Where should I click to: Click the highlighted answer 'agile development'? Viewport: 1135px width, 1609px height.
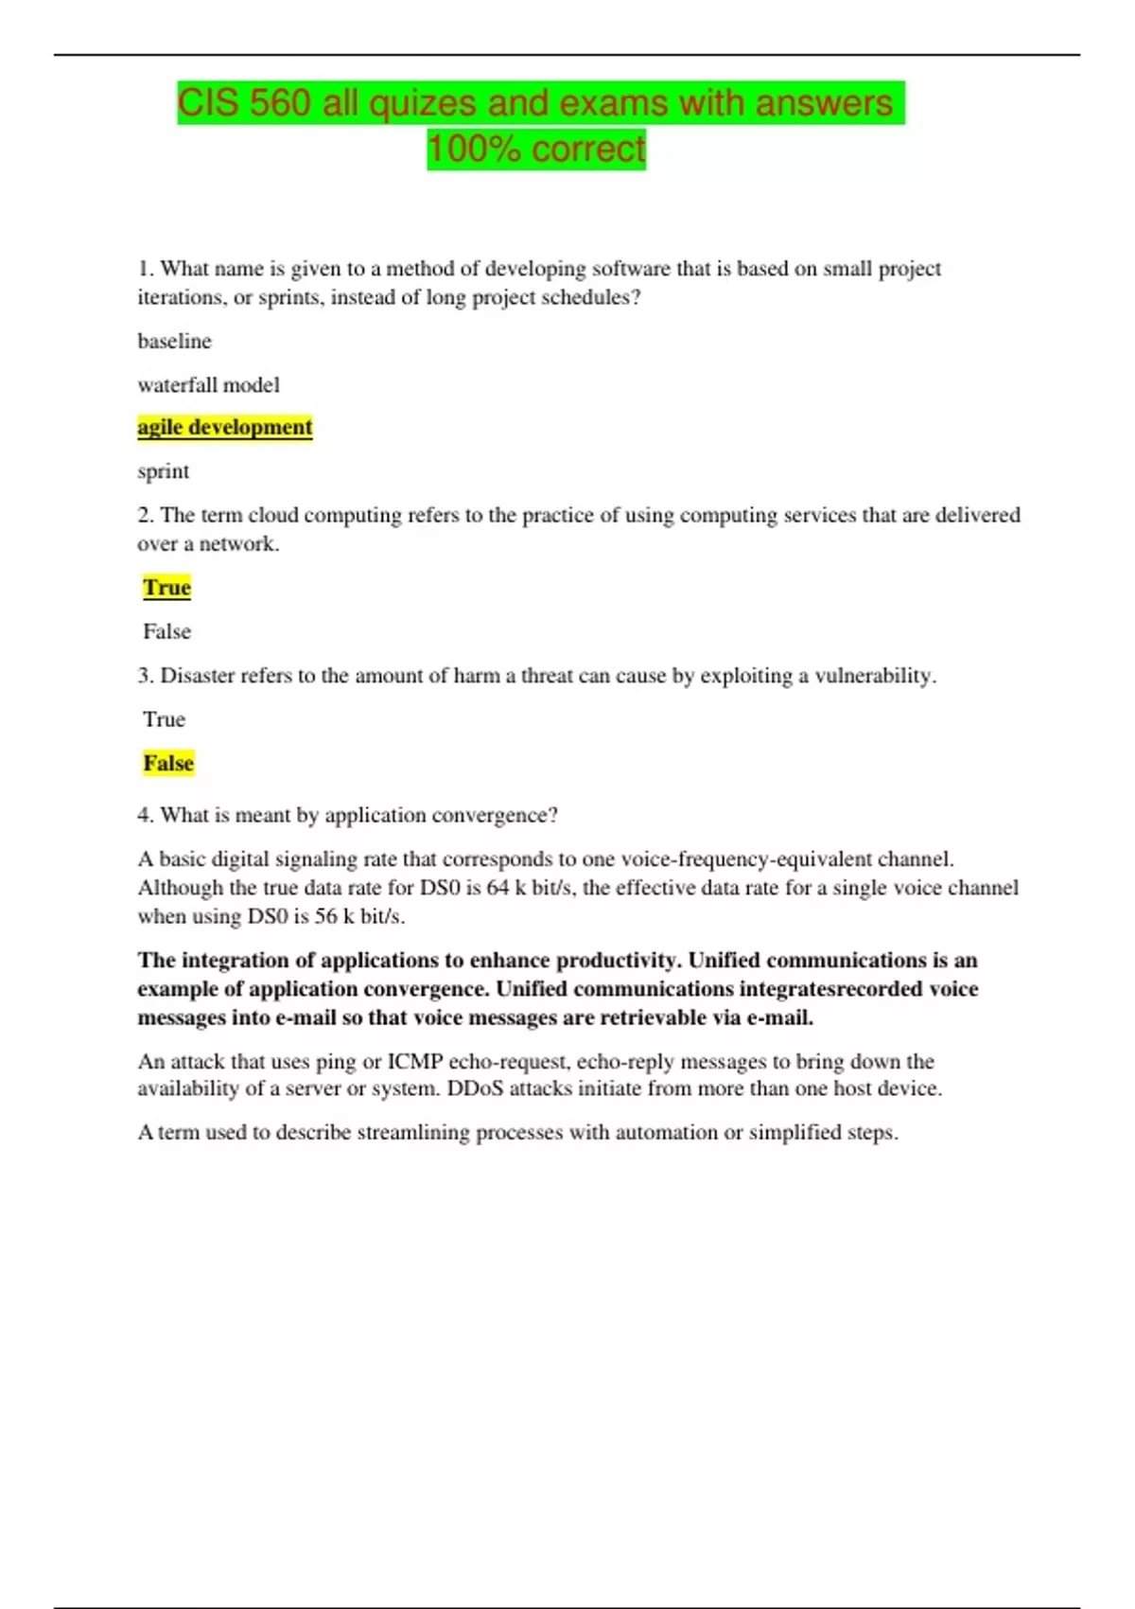pyautogui.click(x=224, y=428)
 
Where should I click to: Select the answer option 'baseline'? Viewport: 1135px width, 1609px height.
pyautogui.click(x=174, y=341)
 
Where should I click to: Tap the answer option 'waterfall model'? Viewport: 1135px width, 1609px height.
pyautogui.click(x=208, y=385)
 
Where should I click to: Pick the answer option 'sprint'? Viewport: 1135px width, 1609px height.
pyautogui.click(x=163, y=471)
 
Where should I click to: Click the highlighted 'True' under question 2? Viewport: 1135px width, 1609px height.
pyautogui.click(x=166, y=588)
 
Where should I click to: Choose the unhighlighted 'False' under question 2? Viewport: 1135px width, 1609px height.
pyautogui.click(x=166, y=631)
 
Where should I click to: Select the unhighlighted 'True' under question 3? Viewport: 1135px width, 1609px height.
pyautogui.click(x=164, y=719)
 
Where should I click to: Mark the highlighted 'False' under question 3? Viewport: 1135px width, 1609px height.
pyautogui.click(x=168, y=763)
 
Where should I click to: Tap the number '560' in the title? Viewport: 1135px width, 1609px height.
pyautogui.click(x=281, y=103)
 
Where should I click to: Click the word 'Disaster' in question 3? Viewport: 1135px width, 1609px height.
pyautogui.click(x=198, y=676)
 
